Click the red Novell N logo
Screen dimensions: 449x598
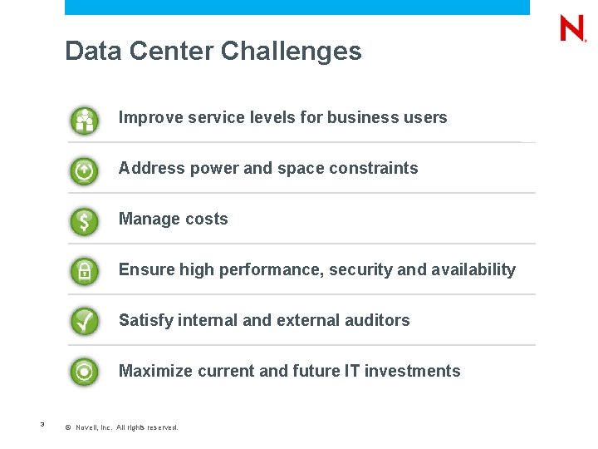coord(572,28)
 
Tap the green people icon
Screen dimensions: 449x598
coord(84,121)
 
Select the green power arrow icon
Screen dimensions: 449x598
coord(84,171)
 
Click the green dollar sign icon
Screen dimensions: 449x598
coord(84,222)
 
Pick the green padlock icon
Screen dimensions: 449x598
coord(84,272)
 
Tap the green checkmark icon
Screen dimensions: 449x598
coord(84,322)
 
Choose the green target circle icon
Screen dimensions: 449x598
coord(84,372)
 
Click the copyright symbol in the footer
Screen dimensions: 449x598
coord(68,427)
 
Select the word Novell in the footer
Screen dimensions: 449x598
coord(86,427)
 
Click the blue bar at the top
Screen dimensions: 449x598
coord(297,7)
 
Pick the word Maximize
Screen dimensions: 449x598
coord(155,371)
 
